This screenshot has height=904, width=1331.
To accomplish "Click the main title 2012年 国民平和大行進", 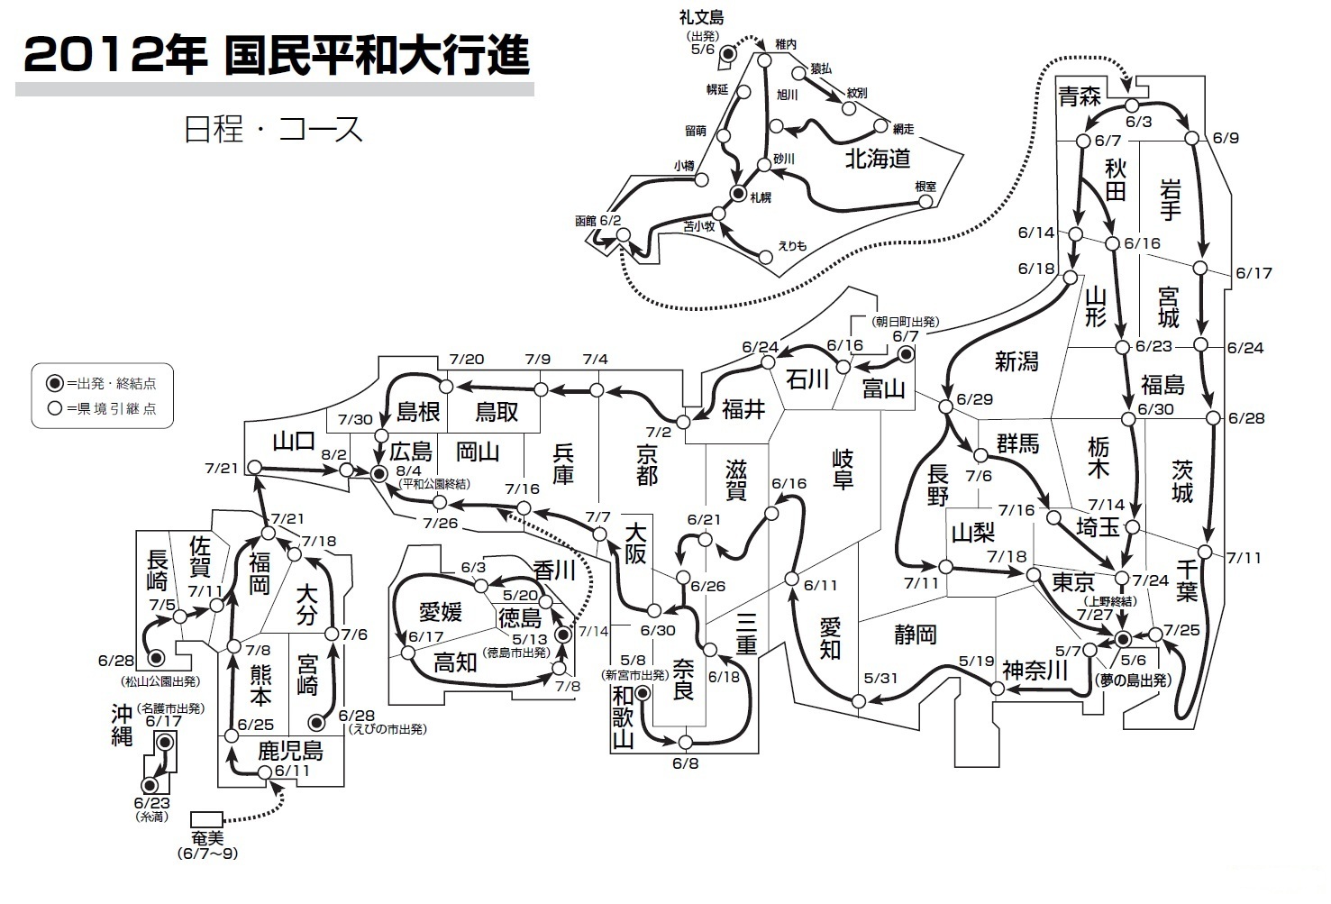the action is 277,55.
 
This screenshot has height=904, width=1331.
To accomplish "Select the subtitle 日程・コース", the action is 273,129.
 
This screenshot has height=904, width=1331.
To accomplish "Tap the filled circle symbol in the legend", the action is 55,383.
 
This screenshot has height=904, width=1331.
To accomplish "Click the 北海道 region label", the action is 878,159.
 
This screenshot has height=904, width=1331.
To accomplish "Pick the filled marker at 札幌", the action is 738,193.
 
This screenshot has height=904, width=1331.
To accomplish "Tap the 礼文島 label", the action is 702,17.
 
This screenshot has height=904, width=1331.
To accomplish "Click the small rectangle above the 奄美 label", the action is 206,819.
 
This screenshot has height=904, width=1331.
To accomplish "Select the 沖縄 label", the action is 122,726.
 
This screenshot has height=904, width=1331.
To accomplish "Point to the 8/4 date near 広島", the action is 409,471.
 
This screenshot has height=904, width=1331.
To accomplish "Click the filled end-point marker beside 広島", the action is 378,474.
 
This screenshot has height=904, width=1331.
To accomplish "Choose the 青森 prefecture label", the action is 1080,96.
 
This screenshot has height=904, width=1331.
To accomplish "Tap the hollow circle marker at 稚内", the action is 765,60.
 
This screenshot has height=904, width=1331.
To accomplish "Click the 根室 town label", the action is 925,186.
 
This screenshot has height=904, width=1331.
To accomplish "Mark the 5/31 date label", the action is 880,678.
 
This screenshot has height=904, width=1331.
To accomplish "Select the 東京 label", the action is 1073,582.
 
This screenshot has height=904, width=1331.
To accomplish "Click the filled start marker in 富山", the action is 906,355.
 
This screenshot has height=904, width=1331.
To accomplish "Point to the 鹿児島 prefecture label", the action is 290,752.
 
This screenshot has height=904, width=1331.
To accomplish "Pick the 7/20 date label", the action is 467,359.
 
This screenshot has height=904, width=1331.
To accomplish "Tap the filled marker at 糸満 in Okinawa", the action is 150,785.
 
